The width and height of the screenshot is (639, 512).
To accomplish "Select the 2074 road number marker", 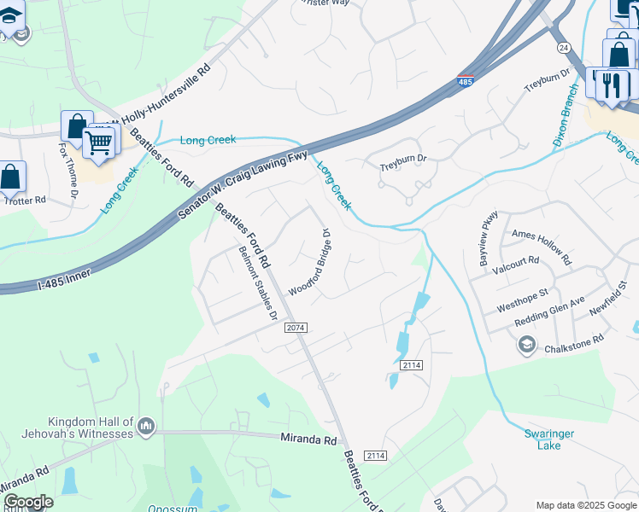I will point(296,328).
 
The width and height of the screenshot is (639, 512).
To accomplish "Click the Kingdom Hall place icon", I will point(146,425).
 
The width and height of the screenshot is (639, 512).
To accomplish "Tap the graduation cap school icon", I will point(527,345).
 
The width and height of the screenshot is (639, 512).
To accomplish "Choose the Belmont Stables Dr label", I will point(258,283).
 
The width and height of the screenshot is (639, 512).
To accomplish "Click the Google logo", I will point(28,502).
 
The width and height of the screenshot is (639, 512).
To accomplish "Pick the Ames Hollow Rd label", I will point(540,241).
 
